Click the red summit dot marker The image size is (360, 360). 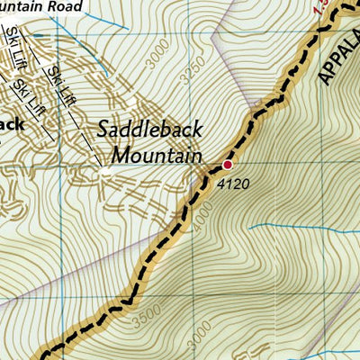(x=228, y=165)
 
